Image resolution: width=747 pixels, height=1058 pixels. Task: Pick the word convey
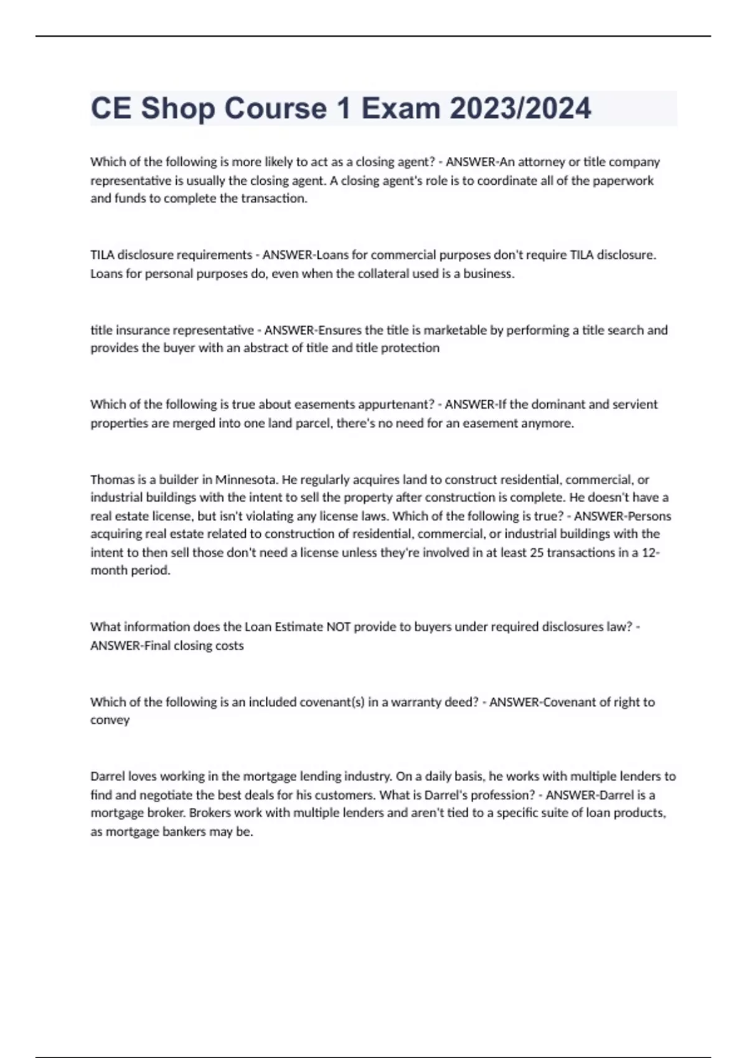pos(110,720)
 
